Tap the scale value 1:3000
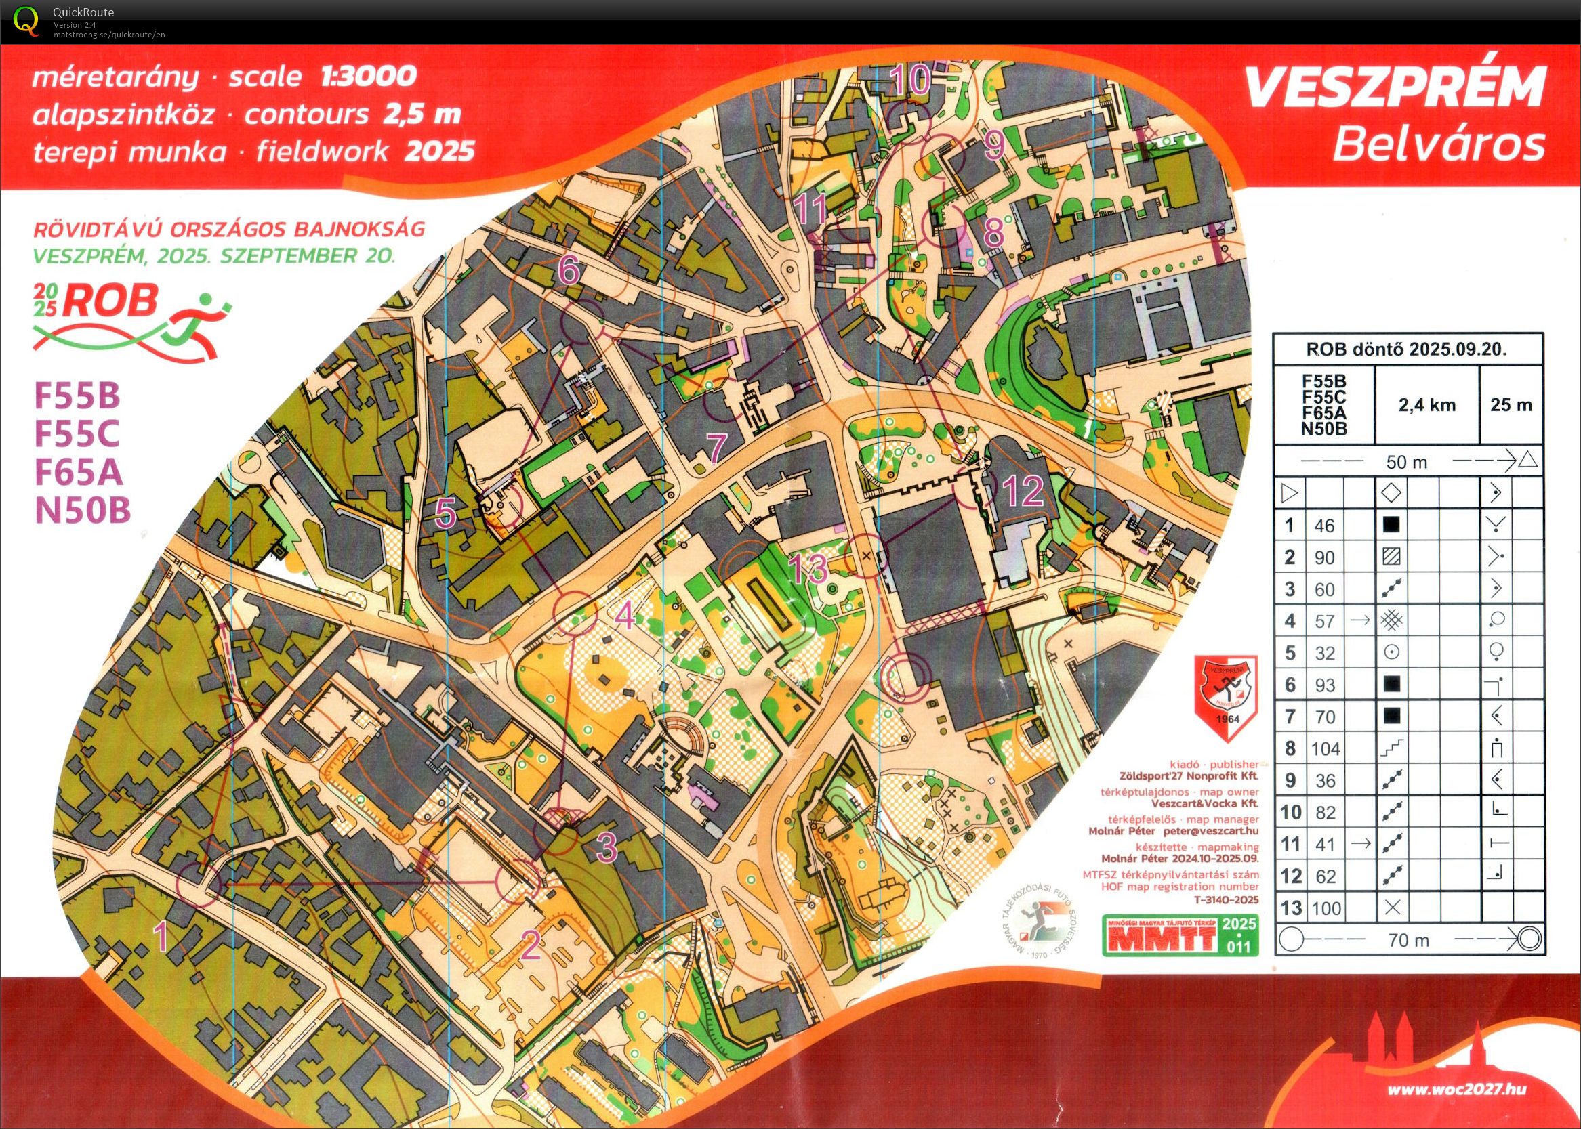(369, 76)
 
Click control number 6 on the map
(570, 270)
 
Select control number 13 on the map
(810, 568)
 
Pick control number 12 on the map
(1024, 490)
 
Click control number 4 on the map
(625, 614)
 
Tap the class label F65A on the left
(79, 473)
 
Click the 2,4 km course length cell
(1426, 405)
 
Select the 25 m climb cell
(1511, 405)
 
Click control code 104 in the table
(1324, 749)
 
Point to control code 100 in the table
(1325, 909)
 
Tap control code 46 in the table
(1324, 526)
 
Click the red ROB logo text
(111, 301)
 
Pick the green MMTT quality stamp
(1180, 936)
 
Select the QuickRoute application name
(83, 12)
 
